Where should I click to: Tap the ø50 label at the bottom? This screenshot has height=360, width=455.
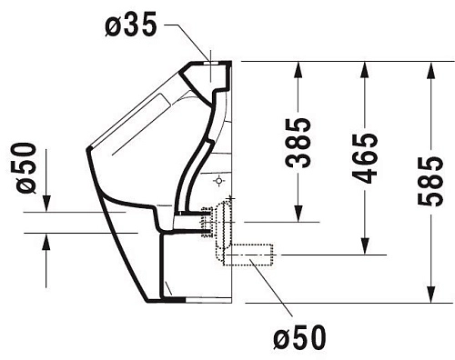(299, 339)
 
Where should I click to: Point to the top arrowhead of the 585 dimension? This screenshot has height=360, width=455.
(430, 68)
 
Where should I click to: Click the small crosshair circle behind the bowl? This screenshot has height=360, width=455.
(220, 182)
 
